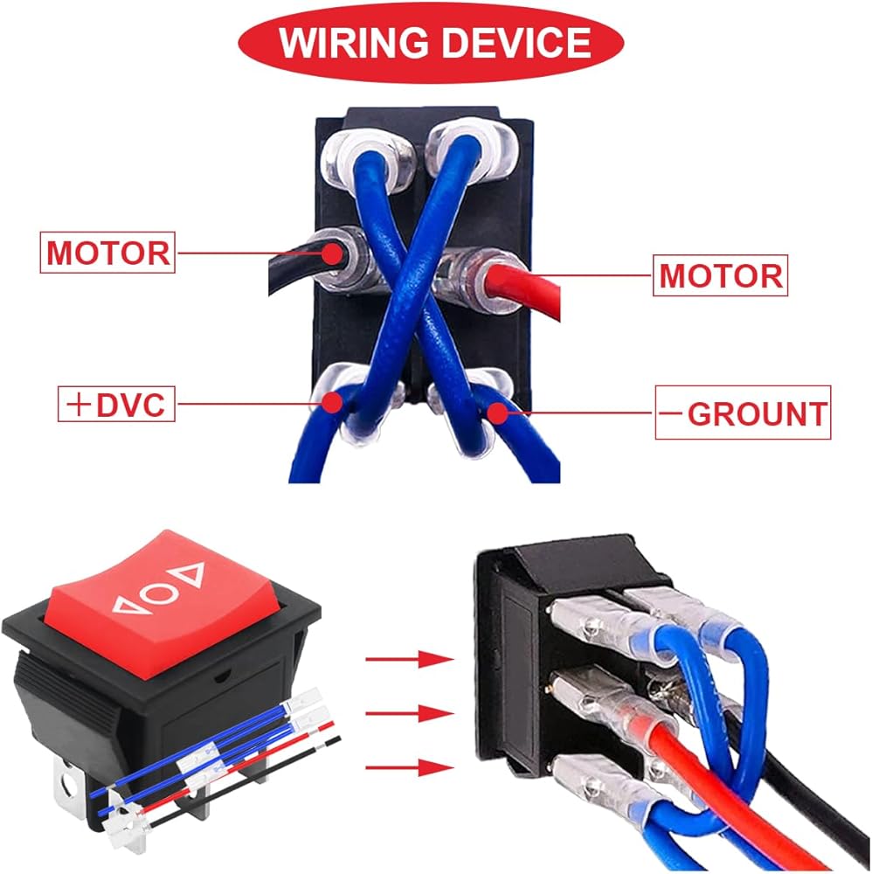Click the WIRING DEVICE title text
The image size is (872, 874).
tap(435, 42)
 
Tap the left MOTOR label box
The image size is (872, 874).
tap(107, 253)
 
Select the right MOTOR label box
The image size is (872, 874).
tap(720, 276)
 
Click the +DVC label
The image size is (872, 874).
tap(116, 405)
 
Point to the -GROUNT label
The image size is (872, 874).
tap(743, 413)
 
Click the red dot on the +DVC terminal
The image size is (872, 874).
tap(331, 402)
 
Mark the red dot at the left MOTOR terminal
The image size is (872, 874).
tap(332, 253)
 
